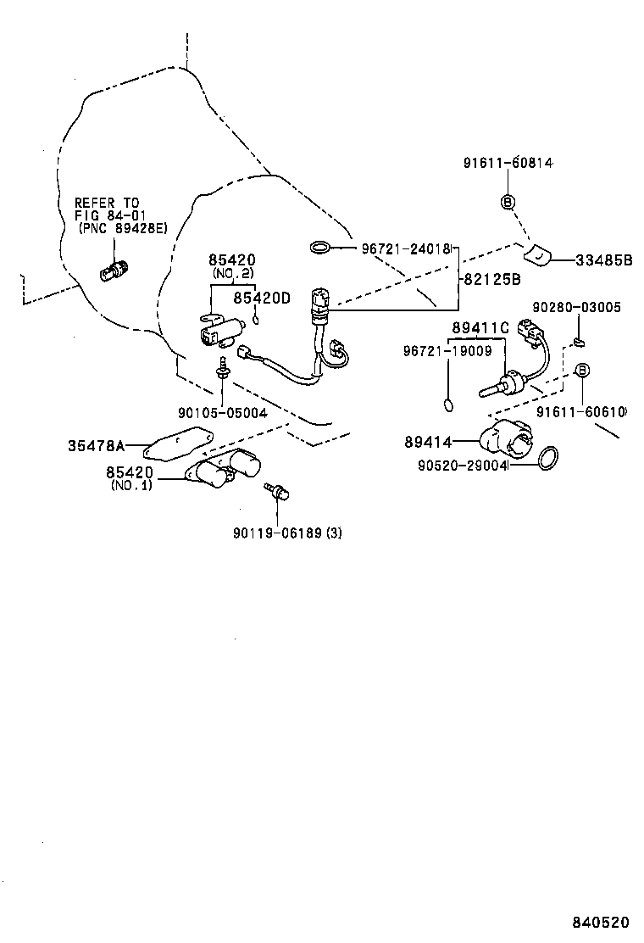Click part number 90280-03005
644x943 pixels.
click(x=576, y=308)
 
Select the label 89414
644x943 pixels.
click(x=428, y=441)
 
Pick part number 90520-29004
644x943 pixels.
click(x=461, y=465)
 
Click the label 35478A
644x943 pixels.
click(x=97, y=444)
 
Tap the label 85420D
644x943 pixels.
click(x=261, y=298)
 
